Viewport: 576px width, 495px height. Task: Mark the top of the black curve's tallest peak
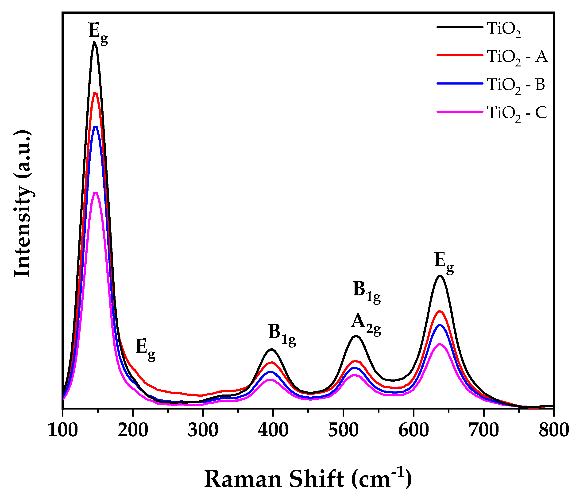[95, 42]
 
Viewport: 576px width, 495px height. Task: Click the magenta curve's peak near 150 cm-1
[96, 193]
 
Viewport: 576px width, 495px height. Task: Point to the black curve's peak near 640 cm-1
[440, 276]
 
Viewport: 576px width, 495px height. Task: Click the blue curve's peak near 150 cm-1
[96, 127]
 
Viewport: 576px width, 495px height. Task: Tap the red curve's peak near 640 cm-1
[440, 311]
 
